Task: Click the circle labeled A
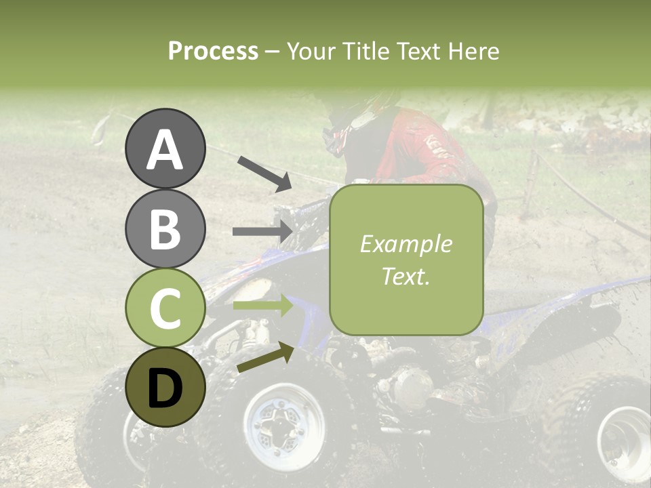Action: coord(165,148)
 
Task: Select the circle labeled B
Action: coord(165,228)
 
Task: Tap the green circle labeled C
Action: coord(165,308)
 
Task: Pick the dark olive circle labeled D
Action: coord(165,387)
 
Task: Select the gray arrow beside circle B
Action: coord(262,232)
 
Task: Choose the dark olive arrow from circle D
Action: coord(265,357)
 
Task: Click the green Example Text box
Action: coord(406,260)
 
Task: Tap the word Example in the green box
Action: coord(406,244)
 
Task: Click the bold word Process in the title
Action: coord(213,51)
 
